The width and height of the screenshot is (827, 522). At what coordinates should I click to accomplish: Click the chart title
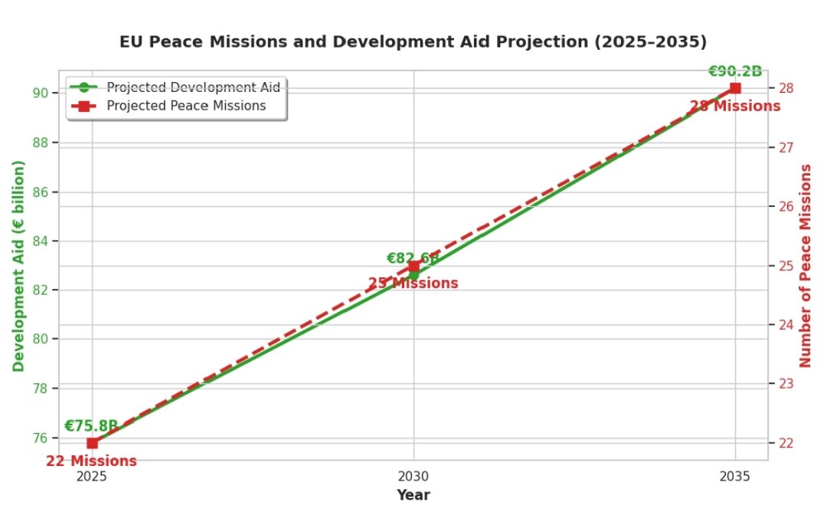[x=413, y=42]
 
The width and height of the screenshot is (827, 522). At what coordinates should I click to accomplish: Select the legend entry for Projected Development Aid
[x=193, y=87]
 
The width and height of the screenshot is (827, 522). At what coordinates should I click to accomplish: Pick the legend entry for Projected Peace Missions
[x=186, y=106]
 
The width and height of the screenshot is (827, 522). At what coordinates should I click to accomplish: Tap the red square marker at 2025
[x=92, y=443]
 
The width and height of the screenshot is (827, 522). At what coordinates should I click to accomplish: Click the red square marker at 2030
[x=413, y=266]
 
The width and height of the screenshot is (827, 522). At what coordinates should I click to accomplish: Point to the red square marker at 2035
[x=735, y=88]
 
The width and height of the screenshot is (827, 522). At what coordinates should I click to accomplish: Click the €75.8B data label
[x=91, y=426]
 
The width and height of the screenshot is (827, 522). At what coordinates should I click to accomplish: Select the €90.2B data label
[x=734, y=71]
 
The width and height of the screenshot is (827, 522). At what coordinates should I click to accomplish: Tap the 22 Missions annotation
[x=91, y=461]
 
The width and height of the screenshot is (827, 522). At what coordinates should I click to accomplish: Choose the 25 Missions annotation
[x=413, y=284]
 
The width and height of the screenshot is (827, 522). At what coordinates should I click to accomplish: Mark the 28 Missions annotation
[x=735, y=106]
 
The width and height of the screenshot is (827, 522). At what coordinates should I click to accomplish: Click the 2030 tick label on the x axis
[x=413, y=474]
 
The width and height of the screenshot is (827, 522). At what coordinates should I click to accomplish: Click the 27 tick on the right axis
[x=786, y=147]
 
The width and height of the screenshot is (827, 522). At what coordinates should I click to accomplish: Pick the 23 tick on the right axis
[x=786, y=383]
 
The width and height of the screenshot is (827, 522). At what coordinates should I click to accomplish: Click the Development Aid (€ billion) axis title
[x=18, y=265]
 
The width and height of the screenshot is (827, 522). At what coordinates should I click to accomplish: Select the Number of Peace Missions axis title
[x=806, y=265]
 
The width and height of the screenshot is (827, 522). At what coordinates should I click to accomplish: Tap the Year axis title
[x=413, y=495]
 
